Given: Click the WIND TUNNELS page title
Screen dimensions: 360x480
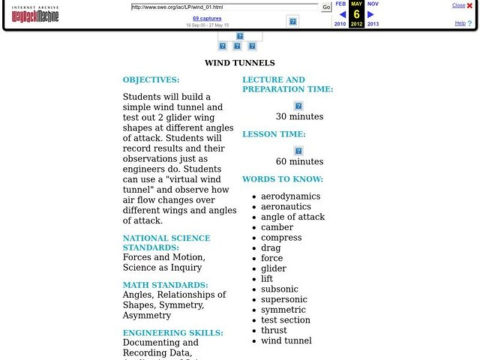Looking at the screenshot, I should click(239, 62).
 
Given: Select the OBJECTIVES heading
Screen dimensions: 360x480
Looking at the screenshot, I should click(151, 80).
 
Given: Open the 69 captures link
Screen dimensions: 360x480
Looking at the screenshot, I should click(207, 19).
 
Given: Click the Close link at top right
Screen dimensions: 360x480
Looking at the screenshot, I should click(458, 5).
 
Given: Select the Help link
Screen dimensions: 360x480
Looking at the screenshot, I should click(460, 23).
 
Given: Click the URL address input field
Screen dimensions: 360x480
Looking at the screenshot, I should click(224, 7).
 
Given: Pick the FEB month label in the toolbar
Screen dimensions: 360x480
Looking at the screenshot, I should click(340, 4).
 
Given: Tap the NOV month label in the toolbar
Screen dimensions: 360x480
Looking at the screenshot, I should click(373, 4).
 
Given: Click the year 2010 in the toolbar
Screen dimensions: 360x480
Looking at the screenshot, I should click(340, 24).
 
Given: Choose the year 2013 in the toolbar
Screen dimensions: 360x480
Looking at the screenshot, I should click(373, 24).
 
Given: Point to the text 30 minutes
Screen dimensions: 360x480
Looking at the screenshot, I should click(299, 116).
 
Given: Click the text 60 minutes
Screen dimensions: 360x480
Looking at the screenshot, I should click(299, 161).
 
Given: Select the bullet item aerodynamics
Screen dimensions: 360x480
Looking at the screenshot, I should click(290, 196).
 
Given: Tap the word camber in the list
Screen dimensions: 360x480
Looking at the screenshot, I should click(277, 227).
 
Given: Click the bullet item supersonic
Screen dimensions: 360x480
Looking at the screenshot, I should click(284, 299).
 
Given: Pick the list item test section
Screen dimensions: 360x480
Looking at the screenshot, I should click(286, 320).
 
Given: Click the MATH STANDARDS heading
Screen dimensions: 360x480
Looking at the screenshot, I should click(165, 285).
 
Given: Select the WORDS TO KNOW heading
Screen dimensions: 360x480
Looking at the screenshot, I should click(283, 179).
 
